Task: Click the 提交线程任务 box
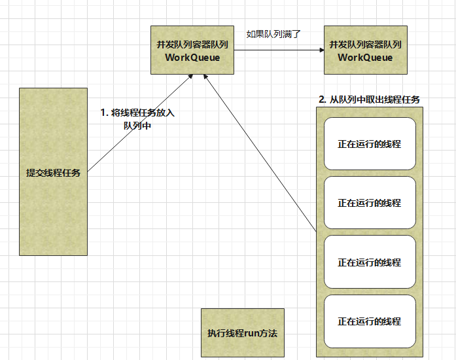[53, 171]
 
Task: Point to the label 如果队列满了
[273, 33]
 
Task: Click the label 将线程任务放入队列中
[137, 118]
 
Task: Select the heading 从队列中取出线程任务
[369, 99]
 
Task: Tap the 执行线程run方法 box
[242, 333]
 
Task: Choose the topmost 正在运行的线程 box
[369, 144]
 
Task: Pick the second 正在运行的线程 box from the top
[369, 203]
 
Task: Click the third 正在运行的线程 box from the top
[369, 262]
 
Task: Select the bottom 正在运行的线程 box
[369, 321]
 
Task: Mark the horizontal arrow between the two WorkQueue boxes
[278, 50]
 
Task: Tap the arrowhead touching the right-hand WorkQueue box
[321, 50]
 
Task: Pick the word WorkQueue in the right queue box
[365, 57]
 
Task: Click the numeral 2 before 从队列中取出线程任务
[321, 99]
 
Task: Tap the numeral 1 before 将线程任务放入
[103, 113]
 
